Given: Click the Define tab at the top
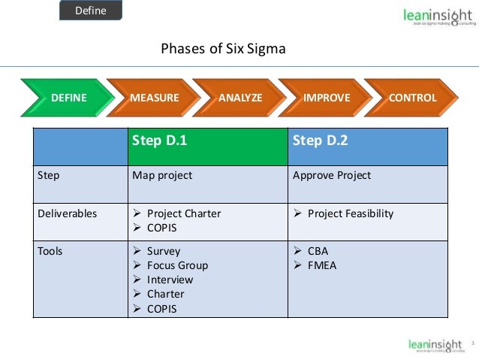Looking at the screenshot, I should pyautogui.click(x=90, y=11).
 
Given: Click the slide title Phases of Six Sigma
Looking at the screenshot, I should pyautogui.click(x=224, y=50).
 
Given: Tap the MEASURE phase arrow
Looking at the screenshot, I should pyautogui.click(x=155, y=98).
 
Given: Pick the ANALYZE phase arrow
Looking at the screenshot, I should pyautogui.click(x=240, y=98).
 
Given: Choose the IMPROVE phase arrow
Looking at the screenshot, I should pyautogui.click(x=327, y=98).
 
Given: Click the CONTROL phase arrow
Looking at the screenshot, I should pyautogui.click(x=412, y=98).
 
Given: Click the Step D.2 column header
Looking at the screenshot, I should pyautogui.click(x=319, y=141).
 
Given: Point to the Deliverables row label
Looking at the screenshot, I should pyautogui.click(x=68, y=213).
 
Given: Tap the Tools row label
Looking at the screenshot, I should pyautogui.click(x=50, y=251).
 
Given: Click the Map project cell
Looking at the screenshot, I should pyautogui.click(x=162, y=176).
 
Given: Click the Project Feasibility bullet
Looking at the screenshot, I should pyautogui.click(x=350, y=213).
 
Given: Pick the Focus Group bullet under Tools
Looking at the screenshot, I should pyautogui.click(x=177, y=265).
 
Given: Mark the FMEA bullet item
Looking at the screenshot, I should pyautogui.click(x=323, y=265).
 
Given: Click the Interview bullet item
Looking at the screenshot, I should pyautogui.click(x=170, y=280).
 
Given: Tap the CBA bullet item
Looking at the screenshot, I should pyautogui.click(x=318, y=251).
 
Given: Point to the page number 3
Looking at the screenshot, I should pyautogui.click(x=473, y=344).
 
